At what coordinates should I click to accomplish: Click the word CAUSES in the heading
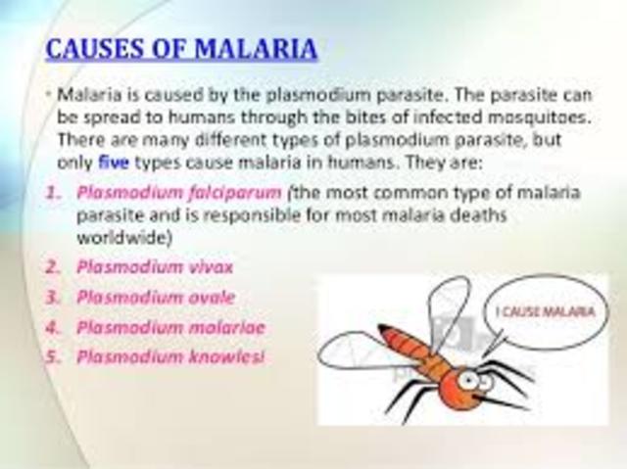click(x=93, y=49)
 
